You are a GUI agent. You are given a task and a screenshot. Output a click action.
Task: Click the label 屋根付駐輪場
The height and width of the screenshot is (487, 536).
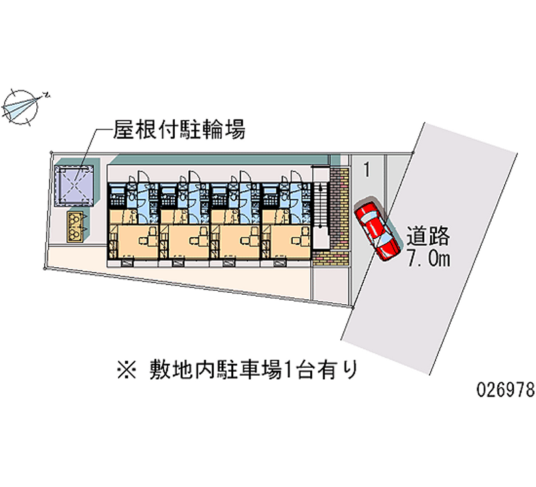point(178,129)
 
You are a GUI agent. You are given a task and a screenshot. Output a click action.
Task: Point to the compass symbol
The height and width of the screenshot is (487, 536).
point(23,105)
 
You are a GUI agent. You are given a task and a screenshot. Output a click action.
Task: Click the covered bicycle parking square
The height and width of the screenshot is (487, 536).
point(78,182)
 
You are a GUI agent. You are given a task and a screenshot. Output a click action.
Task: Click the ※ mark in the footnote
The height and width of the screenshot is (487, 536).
point(125,368)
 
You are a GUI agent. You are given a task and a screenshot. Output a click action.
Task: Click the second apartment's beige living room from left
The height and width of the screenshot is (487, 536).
point(184,242)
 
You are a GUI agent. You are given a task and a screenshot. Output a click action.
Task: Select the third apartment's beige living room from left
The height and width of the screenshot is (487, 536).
point(235,242)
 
